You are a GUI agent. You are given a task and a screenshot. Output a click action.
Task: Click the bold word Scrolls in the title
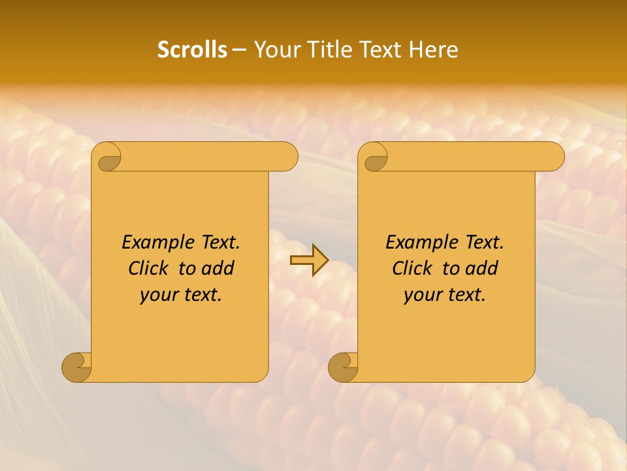coord(192,50)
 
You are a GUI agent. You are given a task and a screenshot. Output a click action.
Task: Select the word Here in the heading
coord(434,50)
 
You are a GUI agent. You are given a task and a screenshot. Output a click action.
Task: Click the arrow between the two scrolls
coord(309,260)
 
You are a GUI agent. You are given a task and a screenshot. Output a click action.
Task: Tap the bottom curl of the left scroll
coord(76,367)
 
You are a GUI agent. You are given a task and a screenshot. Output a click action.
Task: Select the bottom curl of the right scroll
coord(343,367)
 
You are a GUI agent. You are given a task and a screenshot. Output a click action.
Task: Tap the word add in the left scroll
coord(217,268)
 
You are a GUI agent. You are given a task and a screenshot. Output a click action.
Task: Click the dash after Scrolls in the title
coord(239,50)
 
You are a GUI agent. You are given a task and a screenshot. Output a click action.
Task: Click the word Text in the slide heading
coord(380,50)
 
